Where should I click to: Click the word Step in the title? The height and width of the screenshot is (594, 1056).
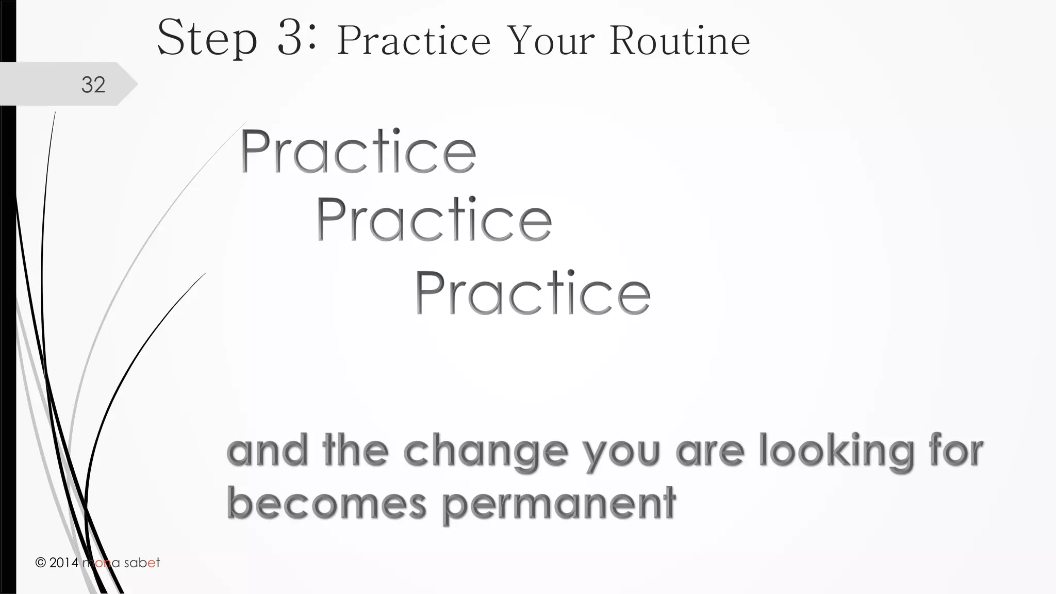(207, 38)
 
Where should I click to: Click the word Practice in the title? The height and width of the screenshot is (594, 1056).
(414, 41)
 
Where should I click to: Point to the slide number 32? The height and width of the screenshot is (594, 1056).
(93, 85)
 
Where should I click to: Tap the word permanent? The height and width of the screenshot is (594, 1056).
(559, 504)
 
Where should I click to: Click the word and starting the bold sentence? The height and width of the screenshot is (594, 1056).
(267, 451)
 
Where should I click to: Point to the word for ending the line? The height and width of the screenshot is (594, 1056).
(956, 451)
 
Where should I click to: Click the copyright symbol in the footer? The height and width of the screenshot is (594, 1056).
(41, 563)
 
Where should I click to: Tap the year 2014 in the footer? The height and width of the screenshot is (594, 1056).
(64, 563)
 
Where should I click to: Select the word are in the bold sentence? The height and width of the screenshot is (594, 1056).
(711, 452)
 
